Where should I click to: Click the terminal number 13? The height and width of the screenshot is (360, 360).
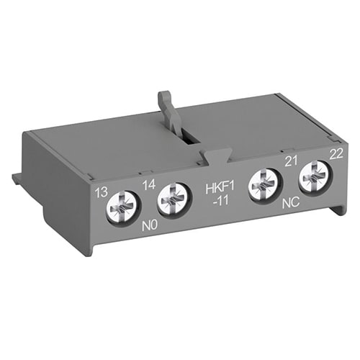coord(102,192)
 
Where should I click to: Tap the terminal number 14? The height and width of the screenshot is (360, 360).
coord(149,185)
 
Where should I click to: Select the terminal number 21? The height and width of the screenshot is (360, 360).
coord(291,161)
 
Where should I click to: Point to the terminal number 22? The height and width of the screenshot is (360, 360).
coord(336,154)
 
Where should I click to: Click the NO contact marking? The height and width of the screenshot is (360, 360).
coord(149,226)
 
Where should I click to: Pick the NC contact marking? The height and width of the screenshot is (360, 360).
coord(291,203)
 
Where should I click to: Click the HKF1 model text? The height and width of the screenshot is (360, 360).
coord(220,188)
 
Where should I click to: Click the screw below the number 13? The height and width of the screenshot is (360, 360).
coord(124,208)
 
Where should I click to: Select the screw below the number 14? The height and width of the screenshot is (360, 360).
coord(175,201)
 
